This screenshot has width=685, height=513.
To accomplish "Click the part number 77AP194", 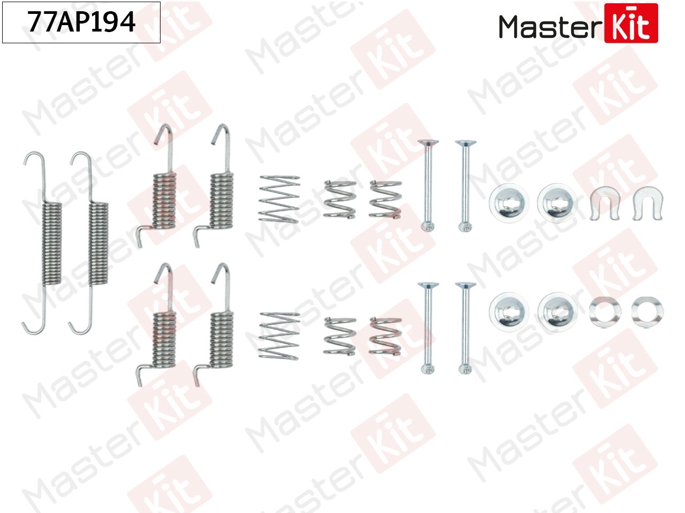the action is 81,22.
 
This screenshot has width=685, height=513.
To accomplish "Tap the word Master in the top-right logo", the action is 549,27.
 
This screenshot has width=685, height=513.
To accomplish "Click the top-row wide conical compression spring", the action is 279,199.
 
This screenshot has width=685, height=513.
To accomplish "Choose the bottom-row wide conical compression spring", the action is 279,336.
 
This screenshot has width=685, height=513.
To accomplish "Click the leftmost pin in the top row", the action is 428,185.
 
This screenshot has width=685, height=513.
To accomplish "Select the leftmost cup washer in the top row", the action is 508,203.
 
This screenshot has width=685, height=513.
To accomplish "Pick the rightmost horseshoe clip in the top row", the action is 646,203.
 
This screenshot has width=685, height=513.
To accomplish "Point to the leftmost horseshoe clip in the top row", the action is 604,203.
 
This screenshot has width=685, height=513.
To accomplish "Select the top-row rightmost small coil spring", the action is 385,199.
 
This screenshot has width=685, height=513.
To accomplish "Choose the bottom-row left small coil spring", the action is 340,336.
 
